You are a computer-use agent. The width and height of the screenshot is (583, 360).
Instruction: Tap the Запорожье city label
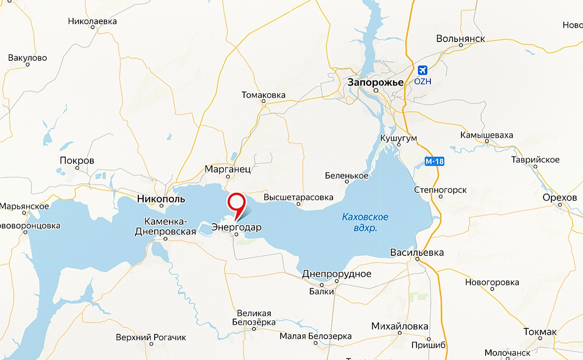[375, 82]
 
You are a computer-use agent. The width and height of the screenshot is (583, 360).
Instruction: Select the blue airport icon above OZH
[422, 71]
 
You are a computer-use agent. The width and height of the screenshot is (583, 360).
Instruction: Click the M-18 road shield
[431, 161]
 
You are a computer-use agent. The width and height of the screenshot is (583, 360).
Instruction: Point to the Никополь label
[161, 200]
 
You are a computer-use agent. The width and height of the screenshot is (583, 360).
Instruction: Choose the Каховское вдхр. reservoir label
[365, 222]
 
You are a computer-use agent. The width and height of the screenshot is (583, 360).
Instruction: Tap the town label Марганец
[228, 169]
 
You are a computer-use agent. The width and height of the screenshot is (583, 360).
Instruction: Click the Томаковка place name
[263, 95]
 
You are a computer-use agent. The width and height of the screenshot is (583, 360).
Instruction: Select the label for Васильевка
[417, 253]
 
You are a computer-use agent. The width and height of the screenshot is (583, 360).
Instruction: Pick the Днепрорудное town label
[336, 274]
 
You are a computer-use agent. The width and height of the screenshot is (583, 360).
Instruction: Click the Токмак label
[540, 331]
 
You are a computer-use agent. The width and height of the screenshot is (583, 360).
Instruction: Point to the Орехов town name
[559, 198]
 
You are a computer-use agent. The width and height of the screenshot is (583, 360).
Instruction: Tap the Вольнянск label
[460, 39]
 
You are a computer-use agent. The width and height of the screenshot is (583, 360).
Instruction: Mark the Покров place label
[77, 160]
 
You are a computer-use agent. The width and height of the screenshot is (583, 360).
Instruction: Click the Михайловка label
[399, 326]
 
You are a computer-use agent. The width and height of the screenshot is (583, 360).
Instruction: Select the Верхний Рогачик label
[151, 338]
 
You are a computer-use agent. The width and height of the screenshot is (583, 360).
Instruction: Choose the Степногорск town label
[440, 190]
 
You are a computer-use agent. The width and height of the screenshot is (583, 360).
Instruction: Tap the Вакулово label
[28, 58]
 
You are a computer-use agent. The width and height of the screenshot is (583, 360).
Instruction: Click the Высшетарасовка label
[298, 197]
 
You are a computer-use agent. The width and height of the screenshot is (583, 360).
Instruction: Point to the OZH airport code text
[423, 81]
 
